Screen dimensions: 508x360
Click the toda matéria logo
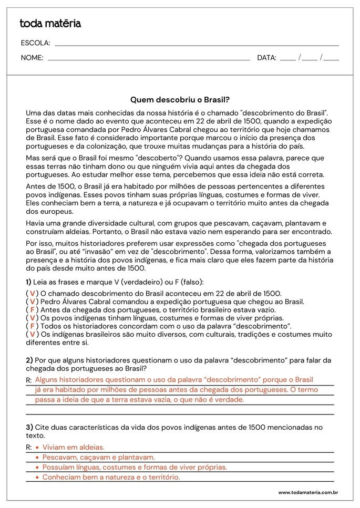pyautogui.click(x=50, y=24)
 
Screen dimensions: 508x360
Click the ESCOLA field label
pyautogui.click(x=35, y=43)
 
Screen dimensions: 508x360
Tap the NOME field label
pyautogui.click(x=32, y=58)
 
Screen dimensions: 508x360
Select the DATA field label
pyautogui.click(x=266, y=58)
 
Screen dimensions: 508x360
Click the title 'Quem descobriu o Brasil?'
pyautogui.click(x=180, y=99)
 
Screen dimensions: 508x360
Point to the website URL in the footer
pyautogui.click(x=307, y=492)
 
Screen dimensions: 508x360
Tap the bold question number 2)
pyautogui.click(x=29, y=360)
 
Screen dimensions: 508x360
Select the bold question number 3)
pyautogui.click(x=29, y=427)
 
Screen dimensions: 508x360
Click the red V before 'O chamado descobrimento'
pyautogui.click(x=33, y=294)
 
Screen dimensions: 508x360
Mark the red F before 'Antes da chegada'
pyautogui.click(x=33, y=310)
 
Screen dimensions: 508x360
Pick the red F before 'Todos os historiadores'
pyautogui.click(x=33, y=326)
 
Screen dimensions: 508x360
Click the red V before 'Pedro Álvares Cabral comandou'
pyautogui.click(x=33, y=302)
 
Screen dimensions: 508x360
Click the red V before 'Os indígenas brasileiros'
pyautogui.click(x=33, y=334)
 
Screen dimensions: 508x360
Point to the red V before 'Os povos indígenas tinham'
pyautogui.click(x=33, y=318)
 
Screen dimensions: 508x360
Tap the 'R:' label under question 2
pyautogui.click(x=28, y=380)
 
